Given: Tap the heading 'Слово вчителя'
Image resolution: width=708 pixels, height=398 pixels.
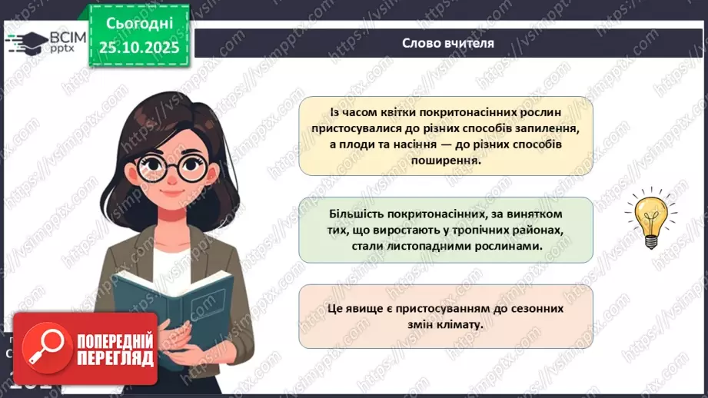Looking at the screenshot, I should pos(448,43).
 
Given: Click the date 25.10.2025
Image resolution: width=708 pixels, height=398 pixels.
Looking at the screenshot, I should pos(138,48).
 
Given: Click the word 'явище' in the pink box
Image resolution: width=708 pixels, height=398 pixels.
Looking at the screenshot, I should pos(367,307).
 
